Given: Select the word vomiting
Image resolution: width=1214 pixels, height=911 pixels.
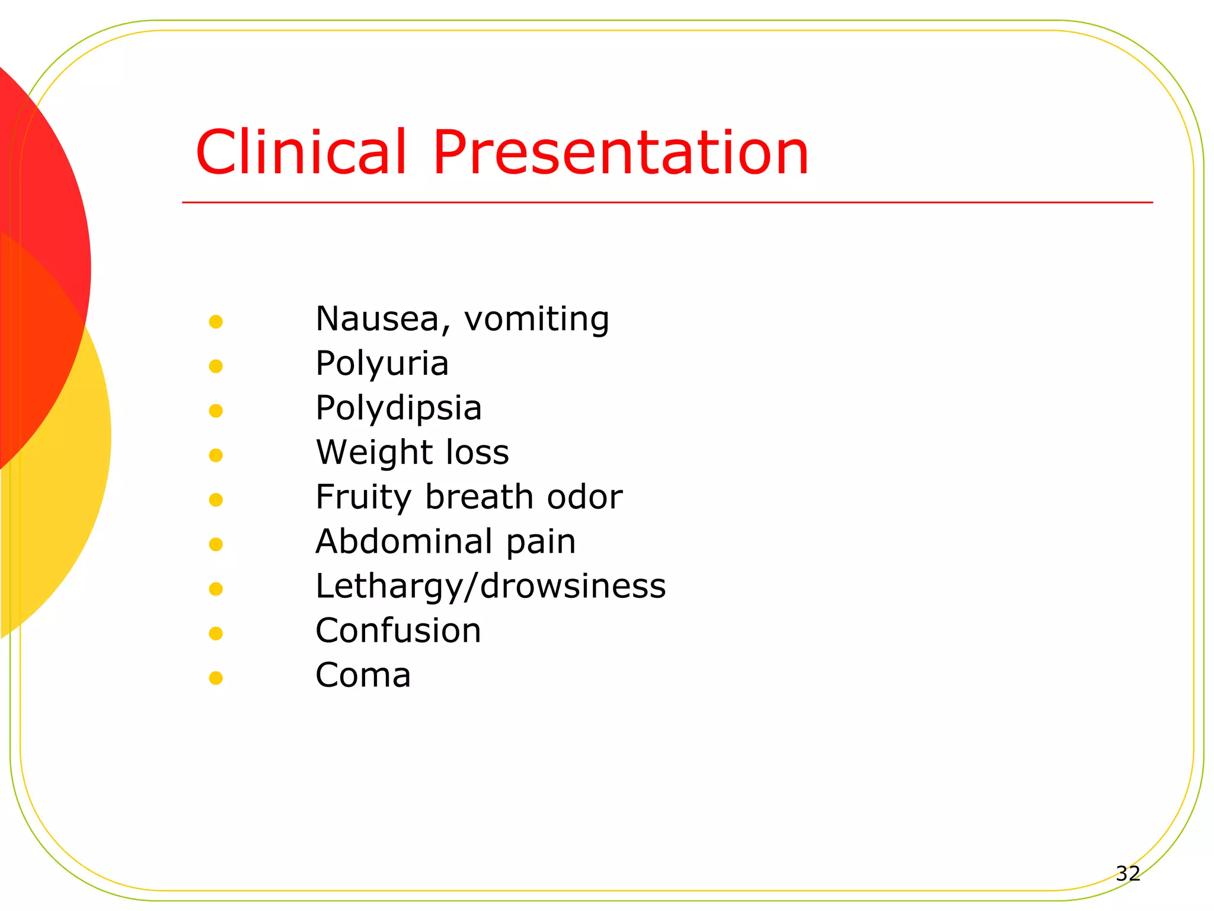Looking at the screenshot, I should [x=536, y=320].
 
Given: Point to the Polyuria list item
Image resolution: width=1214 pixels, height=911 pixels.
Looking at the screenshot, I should [x=382, y=364].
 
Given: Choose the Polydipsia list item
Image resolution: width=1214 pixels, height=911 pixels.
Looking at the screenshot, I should [x=398, y=409].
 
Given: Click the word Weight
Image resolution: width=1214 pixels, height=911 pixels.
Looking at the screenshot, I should [x=370, y=453].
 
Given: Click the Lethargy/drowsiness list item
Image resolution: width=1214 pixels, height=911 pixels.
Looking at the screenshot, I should [x=490, y=587].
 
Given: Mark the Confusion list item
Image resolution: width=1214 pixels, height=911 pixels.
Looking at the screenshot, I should [x=398, y=630].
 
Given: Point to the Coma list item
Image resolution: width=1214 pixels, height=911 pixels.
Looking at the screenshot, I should [x=363, y=676].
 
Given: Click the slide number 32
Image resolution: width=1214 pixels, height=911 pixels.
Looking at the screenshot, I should [x=1127, y=873].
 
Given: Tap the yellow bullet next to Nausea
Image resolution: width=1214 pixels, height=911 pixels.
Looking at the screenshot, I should [x=216, y=322].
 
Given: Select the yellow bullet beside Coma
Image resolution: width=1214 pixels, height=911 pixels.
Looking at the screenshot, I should [x=216, y=678].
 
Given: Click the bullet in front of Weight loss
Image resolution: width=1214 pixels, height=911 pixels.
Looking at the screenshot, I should [x=216, y=455].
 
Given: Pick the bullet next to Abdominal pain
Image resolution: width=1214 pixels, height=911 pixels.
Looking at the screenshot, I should [x=216, y=544].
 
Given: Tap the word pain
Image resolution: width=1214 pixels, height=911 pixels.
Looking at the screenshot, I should [x=541, y=543].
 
